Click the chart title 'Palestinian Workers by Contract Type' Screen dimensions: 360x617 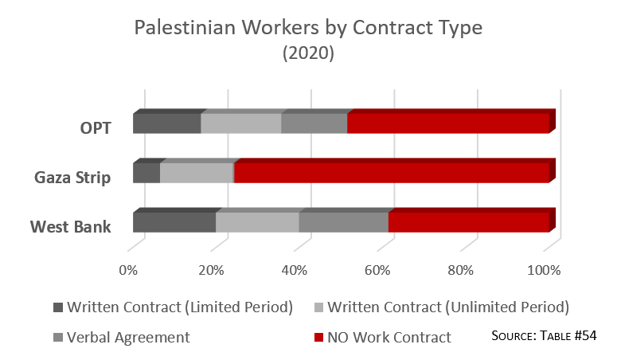point(308,29)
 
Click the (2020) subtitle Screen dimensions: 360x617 point(308,54)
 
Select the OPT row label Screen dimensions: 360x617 point(95,126)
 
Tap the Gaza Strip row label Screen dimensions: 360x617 point(72,176)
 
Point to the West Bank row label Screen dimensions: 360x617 point(71,227)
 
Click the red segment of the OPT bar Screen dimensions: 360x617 point(448,123)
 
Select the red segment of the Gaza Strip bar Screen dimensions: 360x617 point(392,173)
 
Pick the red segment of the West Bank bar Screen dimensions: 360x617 point(468,222)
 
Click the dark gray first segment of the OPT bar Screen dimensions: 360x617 point(166,123)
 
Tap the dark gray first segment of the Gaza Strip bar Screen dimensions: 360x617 point(146,173)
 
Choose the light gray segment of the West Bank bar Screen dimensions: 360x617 point(257,222)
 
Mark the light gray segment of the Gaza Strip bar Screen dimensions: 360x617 point(197,173)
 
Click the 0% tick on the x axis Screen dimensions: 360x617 point(128,270)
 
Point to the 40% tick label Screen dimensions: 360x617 point(295,270)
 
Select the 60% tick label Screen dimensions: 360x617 point(378,270)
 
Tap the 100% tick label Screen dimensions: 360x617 point(545,270)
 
